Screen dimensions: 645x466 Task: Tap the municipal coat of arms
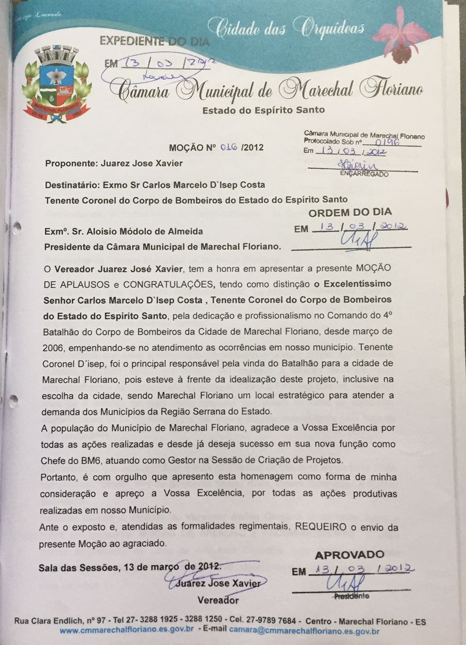[x=56, y=83]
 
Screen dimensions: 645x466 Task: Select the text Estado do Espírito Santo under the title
[x=263, y=110]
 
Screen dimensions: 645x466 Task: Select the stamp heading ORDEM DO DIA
[x=350, y=212]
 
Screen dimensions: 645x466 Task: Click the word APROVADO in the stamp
[x=349, y=555]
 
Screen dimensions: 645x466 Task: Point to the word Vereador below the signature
[x=218, y=600]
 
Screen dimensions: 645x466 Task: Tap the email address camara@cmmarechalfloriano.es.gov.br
[x=304, y=630]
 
